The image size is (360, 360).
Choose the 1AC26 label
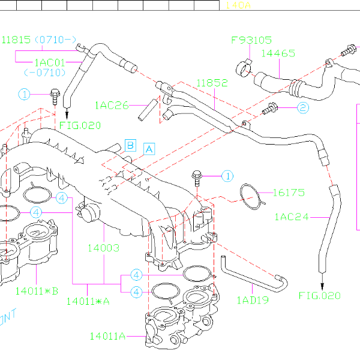pos(112,106)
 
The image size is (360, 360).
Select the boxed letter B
pos(130,144)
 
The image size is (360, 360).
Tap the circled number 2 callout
pos(302,108)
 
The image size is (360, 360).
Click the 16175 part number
pos(289,193)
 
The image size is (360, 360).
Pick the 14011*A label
pos(88,300)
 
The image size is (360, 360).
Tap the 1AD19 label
pos(253,299)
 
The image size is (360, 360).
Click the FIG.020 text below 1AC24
pos(319,295)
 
